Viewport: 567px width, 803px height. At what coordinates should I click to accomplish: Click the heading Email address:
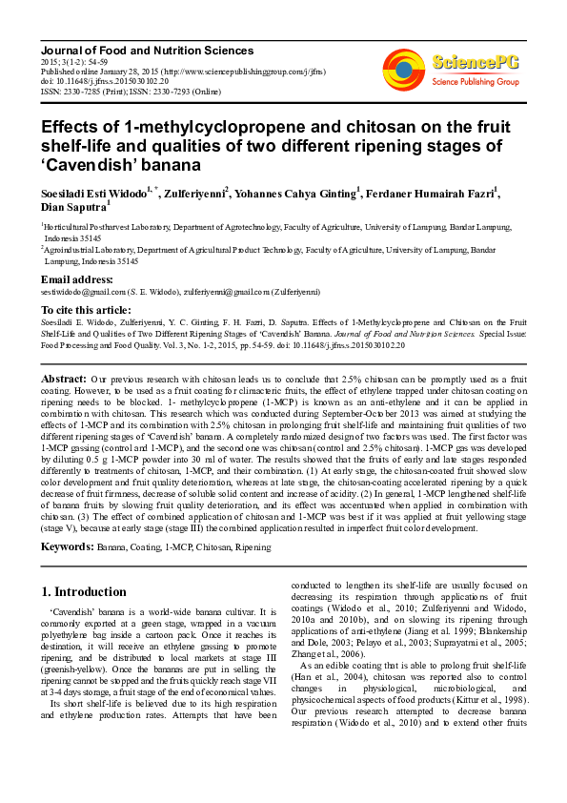tap(76, 279)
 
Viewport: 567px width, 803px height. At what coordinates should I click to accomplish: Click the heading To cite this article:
tap(86, 310)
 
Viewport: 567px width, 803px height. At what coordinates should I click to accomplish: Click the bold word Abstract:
tap(64, 379)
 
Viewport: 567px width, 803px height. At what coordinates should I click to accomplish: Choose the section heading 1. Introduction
tap(84, 591)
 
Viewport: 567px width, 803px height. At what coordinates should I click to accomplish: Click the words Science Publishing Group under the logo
tap(476, 81)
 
